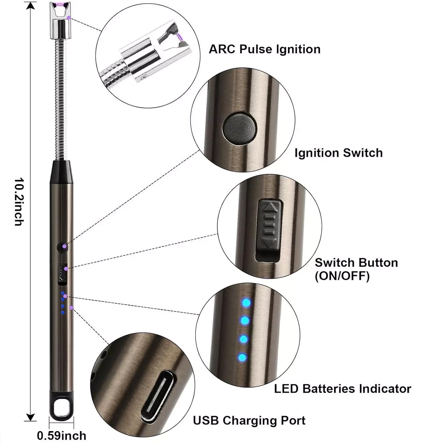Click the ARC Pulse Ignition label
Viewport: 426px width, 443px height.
point(264,49)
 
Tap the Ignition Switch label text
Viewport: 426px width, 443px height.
point(338,153)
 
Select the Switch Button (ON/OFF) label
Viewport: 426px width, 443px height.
point(356,269)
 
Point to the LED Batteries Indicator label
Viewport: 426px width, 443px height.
point(343,389)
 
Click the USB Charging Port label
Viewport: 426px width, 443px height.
point(249,420)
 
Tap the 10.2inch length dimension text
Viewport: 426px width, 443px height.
point(19,202)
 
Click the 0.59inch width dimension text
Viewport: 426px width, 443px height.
point(61,436)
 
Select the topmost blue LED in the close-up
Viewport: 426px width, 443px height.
point(245,303)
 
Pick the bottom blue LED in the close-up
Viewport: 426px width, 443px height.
point(242,358)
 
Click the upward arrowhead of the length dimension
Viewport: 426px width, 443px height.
point(31,6)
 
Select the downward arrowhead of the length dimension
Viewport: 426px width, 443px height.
point(31,417)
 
